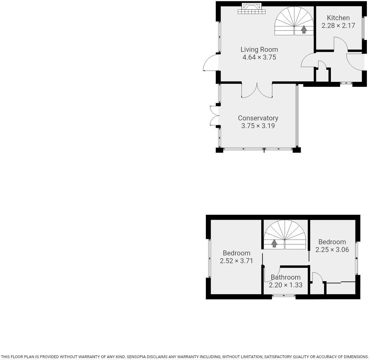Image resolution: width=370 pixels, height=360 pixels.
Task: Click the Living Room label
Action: coord(259,49)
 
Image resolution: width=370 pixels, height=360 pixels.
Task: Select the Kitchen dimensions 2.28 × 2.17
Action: coord(338,26)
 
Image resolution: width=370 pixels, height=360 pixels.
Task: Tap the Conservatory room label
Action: coord(258,118)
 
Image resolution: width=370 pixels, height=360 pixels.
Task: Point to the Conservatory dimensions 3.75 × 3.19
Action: coord(258,126)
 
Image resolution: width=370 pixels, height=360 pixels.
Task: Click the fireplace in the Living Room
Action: coord(252,9)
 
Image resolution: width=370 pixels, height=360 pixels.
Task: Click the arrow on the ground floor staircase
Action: coord(304,29)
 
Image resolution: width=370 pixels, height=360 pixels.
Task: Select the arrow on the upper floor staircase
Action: coord(274,243)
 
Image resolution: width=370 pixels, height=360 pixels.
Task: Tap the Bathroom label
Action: coord(285,277)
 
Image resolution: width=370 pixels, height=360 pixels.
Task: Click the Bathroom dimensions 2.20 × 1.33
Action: coord(285,285)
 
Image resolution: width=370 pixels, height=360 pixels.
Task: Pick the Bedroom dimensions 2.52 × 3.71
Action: coord(236,261)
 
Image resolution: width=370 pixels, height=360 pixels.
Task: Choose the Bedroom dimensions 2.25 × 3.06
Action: coord(332,250)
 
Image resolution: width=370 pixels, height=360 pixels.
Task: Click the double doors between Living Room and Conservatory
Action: coord(257,91)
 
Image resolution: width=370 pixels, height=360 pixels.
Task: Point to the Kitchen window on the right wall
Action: coord(363,28)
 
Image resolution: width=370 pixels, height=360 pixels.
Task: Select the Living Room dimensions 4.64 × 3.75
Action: coord(259,57)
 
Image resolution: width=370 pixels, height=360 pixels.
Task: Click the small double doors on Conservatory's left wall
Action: coord(214,115)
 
